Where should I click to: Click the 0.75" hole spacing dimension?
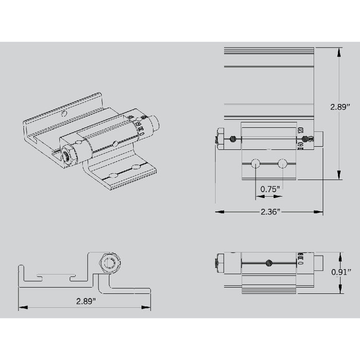(x=270, y=189)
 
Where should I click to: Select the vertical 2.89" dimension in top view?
(x=340, y=107)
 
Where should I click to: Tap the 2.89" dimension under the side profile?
(x=85, y=301)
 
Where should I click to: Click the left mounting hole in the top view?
(x=255, y=164)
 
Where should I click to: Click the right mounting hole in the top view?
(x=282, y=164)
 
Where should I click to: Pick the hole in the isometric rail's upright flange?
(x=64, y=114)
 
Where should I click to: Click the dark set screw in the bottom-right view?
(x=268, y=263)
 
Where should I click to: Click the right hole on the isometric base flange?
(x=136, y=167)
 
